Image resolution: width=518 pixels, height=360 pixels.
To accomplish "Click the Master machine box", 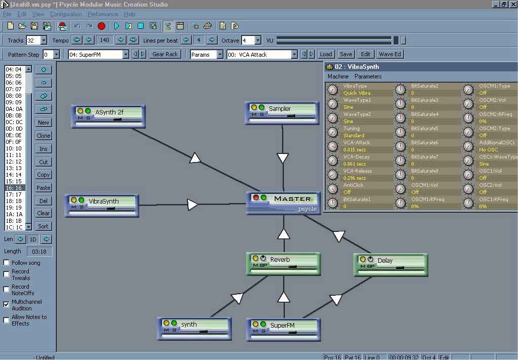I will coord(284,203).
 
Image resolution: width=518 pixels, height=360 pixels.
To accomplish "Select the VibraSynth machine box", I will coord(102,205).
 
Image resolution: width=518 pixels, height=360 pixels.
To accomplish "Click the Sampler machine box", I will coord(282,112).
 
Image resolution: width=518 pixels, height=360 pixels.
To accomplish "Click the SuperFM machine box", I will coord(284,329).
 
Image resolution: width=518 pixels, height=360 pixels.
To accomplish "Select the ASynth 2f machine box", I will coord(108,116).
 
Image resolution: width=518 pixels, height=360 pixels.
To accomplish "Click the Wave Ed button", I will coord(390,54).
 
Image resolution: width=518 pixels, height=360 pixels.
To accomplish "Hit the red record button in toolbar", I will coord(102,26).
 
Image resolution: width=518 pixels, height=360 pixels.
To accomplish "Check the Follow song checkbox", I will coord(7,263).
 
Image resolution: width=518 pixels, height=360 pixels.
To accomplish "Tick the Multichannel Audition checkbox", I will coord(7,304).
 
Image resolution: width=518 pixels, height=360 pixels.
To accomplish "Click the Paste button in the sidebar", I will coord(44,188).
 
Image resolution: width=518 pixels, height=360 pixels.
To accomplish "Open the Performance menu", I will coord(103,14).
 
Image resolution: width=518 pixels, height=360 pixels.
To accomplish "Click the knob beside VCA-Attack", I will coord(332,146).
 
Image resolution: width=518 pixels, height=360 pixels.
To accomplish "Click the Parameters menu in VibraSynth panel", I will coord(368,76).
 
